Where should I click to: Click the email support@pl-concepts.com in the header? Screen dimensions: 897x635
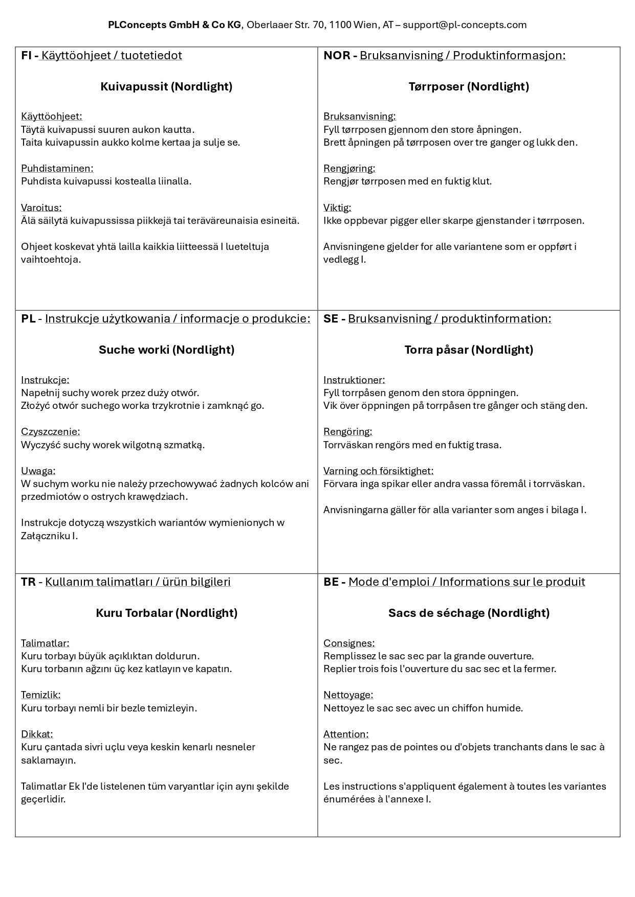pos(465,25)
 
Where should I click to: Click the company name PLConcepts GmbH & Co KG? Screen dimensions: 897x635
pos(174,25)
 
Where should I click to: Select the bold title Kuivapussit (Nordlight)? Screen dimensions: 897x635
pos(166,86)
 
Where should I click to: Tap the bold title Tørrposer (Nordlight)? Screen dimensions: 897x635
pos(469,86)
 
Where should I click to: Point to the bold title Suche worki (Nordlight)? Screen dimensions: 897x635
pos(166,350)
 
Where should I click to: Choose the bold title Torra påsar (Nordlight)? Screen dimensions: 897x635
pos(469,350)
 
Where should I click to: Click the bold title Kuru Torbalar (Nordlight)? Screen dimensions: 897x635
pos(166,613)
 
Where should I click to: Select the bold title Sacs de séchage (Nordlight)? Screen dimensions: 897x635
pos(469,613)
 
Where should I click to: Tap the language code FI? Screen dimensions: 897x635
pos(27,55)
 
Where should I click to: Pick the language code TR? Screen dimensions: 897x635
pos(28,582)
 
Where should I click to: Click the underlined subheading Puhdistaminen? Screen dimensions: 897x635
pos(57,168)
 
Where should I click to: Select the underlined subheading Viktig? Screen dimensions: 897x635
pos(337,208)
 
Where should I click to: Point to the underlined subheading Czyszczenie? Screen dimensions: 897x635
pos(51,431)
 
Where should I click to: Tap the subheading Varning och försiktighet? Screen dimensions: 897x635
pos(378,471)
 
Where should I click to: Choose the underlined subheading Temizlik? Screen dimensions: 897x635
pos(41,695)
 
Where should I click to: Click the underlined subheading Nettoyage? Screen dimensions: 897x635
pos(348,695)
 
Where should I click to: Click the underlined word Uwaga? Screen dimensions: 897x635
pos(38,471)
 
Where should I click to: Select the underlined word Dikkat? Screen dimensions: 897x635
pos(37,734)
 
